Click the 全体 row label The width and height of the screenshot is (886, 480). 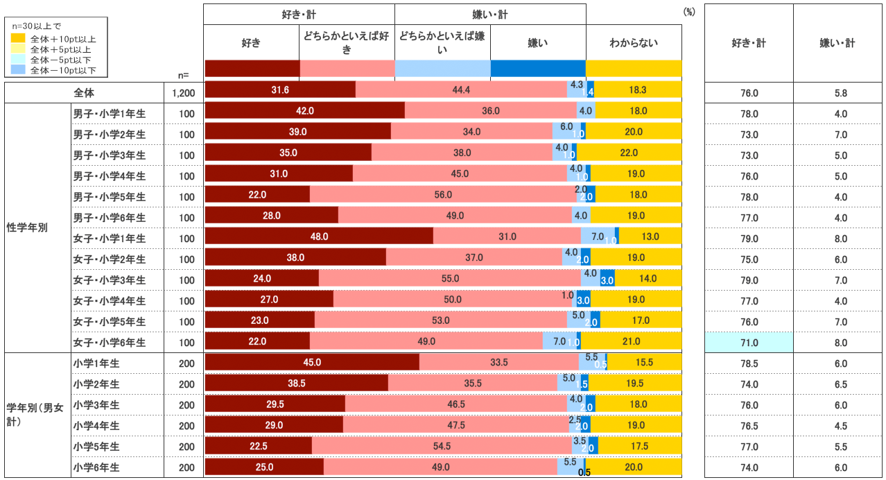tap(84, 92)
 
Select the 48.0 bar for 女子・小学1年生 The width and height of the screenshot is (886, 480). tap(319, 237)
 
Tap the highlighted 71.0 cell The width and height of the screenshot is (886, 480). tap(749, 342)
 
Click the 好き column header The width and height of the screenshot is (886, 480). tap(251, 43)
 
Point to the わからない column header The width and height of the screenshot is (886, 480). tap(634, 43)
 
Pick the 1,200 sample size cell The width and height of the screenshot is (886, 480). tap(184, 92)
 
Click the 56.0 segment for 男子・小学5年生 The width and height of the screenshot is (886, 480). tap(443, 195)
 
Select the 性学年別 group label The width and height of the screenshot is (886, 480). tap(27, 228)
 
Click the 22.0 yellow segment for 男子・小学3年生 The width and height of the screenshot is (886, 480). tap(629, 153)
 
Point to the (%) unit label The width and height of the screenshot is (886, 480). tap(688, 12)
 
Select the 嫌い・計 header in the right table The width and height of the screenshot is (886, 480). tap(837, 43)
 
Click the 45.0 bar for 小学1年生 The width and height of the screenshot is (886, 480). tap(312, 363)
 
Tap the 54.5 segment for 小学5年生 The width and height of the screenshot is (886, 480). tap(442, 446)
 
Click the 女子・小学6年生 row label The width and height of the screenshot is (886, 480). tap(110, 342)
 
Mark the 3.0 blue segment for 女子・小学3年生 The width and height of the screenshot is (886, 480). tap(607, 280)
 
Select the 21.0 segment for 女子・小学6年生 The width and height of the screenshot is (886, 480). tap(631, 341)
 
